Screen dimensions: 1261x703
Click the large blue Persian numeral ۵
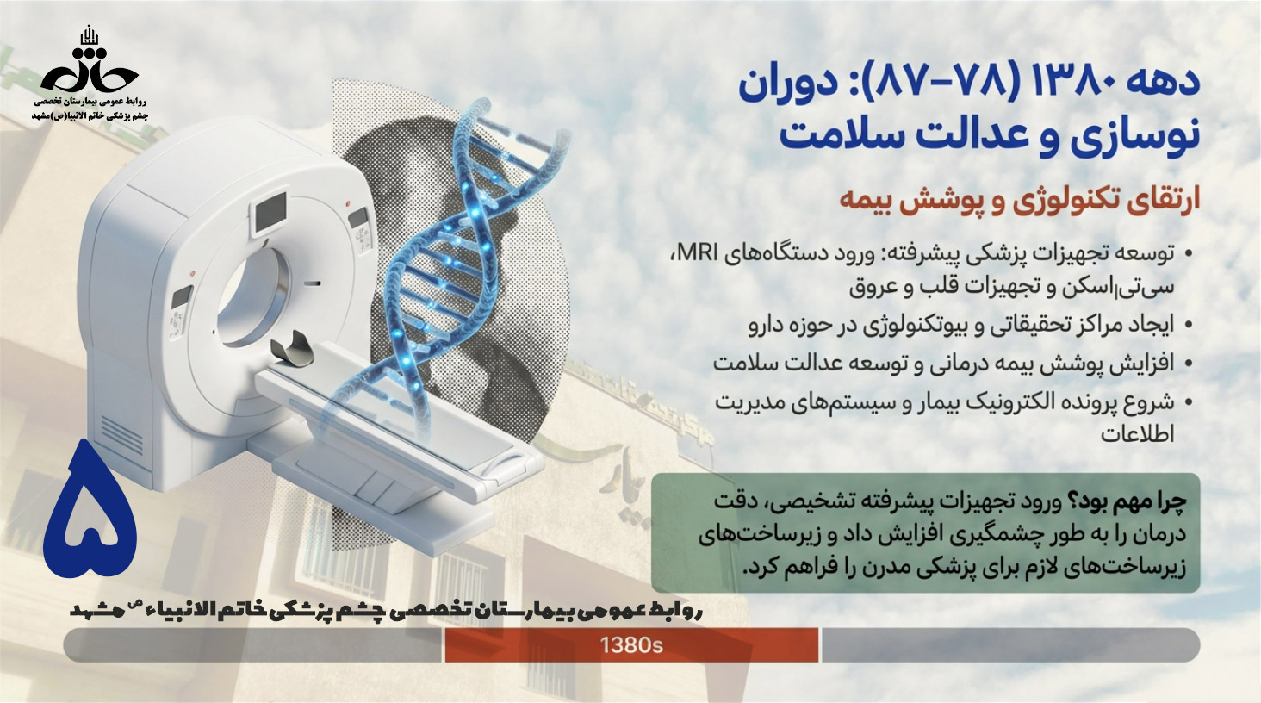[x=90, y=509]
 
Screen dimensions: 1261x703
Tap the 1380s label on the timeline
[x=631, y=645]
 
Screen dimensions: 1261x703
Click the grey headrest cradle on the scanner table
[x=292, y=348]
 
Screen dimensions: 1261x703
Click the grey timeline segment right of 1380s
[x=1010, y=645]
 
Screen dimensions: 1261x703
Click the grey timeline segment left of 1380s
[x=252, y=645]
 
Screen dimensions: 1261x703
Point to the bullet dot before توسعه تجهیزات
[x=1188, y=254]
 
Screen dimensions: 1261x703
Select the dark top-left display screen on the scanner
[x=271, y=212]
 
